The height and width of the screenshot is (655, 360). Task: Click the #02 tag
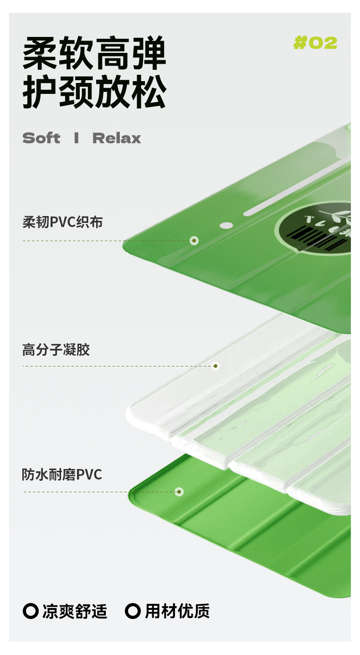point(315,43)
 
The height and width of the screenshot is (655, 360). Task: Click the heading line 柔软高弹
point(94,53)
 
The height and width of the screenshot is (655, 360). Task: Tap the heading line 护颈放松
point(94,93)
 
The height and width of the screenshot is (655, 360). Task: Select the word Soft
point(41,138)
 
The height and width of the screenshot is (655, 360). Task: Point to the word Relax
point(117,138)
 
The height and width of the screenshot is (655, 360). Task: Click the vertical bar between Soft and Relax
point(76,138)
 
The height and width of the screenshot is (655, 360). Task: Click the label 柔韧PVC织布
point(63,222)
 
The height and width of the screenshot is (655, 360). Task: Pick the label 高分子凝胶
point(56,350)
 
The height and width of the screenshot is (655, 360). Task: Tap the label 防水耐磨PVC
point(62,475)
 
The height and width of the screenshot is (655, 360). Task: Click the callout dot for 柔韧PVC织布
point(194,240)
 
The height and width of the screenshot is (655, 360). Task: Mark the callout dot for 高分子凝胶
point(216,366)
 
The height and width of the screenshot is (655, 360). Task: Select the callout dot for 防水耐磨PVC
point(179,492)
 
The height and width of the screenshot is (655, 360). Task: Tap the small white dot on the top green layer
point(226,225)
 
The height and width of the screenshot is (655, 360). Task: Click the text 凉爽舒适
point(75,611)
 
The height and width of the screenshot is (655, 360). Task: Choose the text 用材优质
point(177,611)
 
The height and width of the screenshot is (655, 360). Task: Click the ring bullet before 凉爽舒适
point(31,611)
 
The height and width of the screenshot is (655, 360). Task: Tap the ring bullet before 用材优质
point(133,611)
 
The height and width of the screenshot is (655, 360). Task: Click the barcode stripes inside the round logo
point(314,237)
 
